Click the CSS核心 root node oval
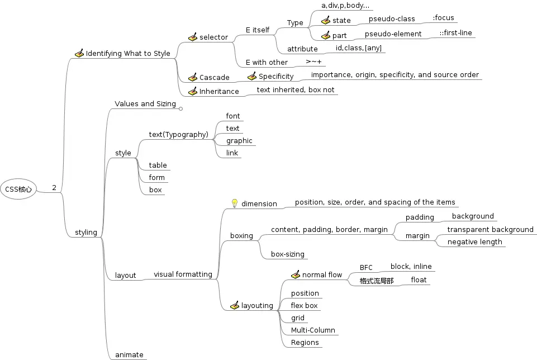click(18, 189)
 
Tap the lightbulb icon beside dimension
click(235, 203)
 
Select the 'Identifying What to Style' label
click(128, 54)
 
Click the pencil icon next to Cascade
click(193, 77)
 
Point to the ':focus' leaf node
click(443, 18)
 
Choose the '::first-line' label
click(455, 33)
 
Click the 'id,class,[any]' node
click(359, 48)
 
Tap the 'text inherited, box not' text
click(296, 89)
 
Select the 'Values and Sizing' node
click(145, 104)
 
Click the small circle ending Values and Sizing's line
click(180, 108)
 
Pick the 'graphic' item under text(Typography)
click(239, 141)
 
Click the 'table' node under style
click(158, 165)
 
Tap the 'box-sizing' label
click(288, 254)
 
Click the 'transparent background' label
click(490, 230)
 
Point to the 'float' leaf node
click(419, 280)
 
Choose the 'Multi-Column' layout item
click(313, 330)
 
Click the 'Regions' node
click(305, 343)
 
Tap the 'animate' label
click(129, 355)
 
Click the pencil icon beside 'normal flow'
click(296, 275)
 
